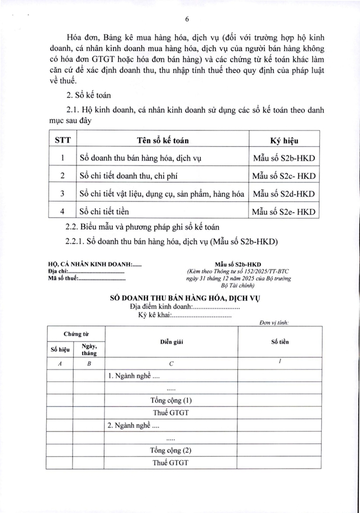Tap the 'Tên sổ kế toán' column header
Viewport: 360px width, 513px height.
163,139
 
